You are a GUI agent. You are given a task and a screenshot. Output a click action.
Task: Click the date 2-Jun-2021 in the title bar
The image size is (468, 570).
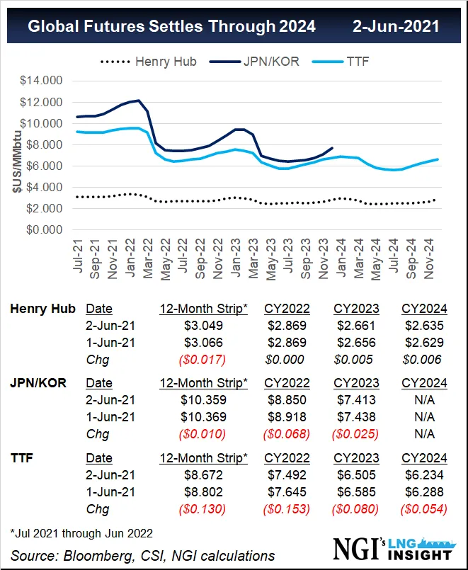click(396, 27)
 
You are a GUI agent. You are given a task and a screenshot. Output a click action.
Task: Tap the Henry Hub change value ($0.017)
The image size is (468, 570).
click(202, 359)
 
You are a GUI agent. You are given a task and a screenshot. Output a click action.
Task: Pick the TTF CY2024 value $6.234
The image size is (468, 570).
click(424, 474)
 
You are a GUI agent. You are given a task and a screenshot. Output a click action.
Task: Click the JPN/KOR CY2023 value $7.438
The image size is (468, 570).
click(355, 416)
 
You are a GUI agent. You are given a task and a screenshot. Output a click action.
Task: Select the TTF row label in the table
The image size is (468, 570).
click(21, 457)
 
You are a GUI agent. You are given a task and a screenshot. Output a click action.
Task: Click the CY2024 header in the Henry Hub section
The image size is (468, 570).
click(424, 308)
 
